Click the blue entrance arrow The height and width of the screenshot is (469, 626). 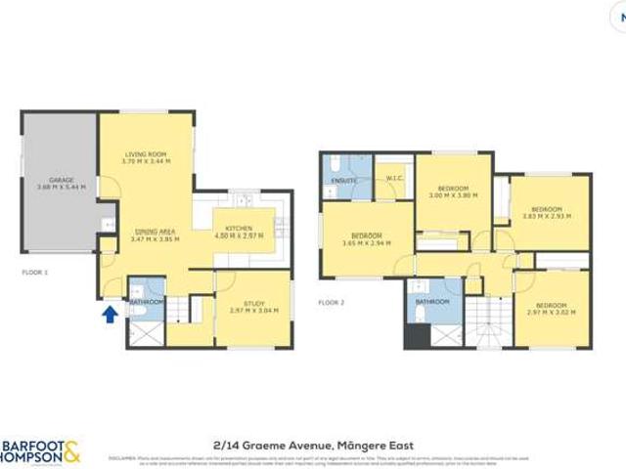click(x=110, y=315)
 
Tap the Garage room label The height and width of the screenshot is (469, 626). click(x=61, y=184)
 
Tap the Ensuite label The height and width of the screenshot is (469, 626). click(x=343, y=181)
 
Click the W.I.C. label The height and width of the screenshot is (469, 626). click(x=395, y=178)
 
